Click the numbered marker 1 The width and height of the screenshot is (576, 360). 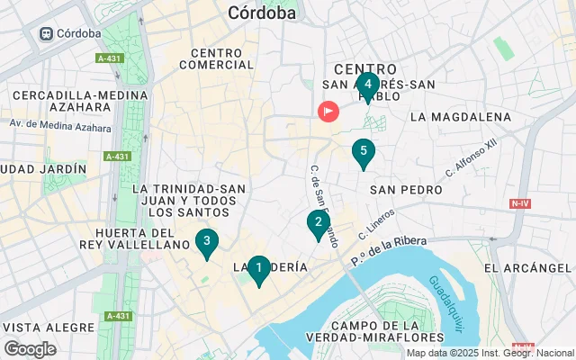point(259,268)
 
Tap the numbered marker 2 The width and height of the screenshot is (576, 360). point(318,222)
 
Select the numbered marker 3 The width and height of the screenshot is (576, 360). point(207,241)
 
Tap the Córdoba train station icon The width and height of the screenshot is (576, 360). point(45,33)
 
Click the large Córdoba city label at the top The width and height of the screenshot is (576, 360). point(262,13)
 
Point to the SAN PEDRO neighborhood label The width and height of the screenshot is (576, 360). point(406,190)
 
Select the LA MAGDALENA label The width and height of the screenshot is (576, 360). point(460,117)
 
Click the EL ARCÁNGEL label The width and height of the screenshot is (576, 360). point(527,268)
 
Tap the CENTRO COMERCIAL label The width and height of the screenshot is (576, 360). point(216,58)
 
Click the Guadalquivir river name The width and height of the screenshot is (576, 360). point(445,289)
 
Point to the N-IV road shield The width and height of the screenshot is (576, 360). point(519,203)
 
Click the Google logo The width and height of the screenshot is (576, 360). point(30,349)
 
